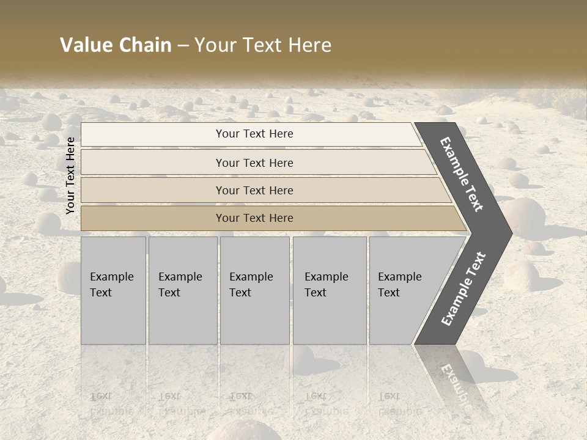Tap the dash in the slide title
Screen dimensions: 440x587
183,46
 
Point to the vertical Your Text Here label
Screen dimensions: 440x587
70,175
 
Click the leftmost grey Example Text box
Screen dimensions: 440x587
113,290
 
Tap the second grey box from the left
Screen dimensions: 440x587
182,290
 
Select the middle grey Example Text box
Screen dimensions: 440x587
254,290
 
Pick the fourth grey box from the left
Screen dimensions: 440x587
330,290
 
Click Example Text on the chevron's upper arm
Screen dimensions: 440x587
462,174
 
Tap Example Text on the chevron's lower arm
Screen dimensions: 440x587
463,289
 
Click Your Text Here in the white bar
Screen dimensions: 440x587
254,134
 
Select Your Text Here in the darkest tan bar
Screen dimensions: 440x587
254,218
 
